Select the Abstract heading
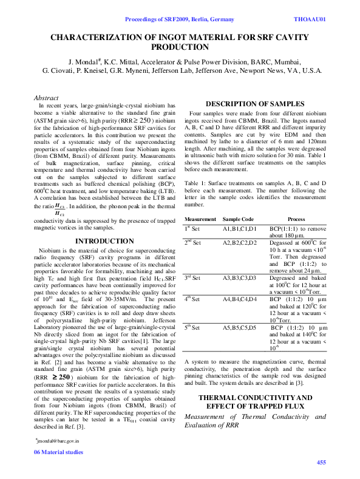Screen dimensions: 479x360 46,98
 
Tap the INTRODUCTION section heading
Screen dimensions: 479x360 104,241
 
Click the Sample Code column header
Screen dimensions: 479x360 239,219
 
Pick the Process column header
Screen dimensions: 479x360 296,219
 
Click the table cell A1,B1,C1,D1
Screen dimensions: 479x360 240,228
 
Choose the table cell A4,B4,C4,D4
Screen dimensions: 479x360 240,299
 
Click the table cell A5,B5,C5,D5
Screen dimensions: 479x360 240,328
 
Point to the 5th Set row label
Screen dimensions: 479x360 196,328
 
